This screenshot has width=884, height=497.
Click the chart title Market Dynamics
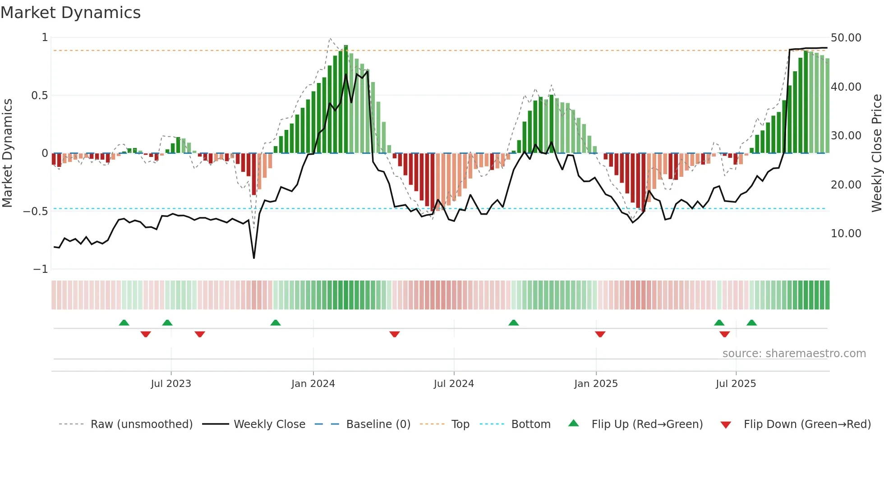pyautogui.click(x=70, y=13)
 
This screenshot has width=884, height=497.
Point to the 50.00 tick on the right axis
pyautogui.click(x=846, y=38)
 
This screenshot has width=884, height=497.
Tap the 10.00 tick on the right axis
pyautogui.click(x=846, y=234)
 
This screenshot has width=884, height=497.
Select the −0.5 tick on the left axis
pyautogui.click(x=36, y=212)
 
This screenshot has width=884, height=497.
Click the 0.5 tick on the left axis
pyautogui.click(x=39, y=96)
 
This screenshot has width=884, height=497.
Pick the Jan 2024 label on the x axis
pyautogui.click(x=313, y=384)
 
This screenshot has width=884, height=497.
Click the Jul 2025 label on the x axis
pyautogui.click(x=736, y=384)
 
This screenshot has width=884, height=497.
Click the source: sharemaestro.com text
pyautogui.click(x=794, y=354)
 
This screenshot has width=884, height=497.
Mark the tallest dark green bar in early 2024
pyautogui.click(x=346, y=99)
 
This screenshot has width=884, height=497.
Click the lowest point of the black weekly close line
pyautogui.click(x=254, y=258)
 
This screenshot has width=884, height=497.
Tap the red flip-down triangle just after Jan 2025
pyautogui.click(x=600, y=334)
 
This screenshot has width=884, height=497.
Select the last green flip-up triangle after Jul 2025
pyautogui.click(x=751, y=322)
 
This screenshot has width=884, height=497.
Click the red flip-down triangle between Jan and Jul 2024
pyautogui.click(x=395, y=334)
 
